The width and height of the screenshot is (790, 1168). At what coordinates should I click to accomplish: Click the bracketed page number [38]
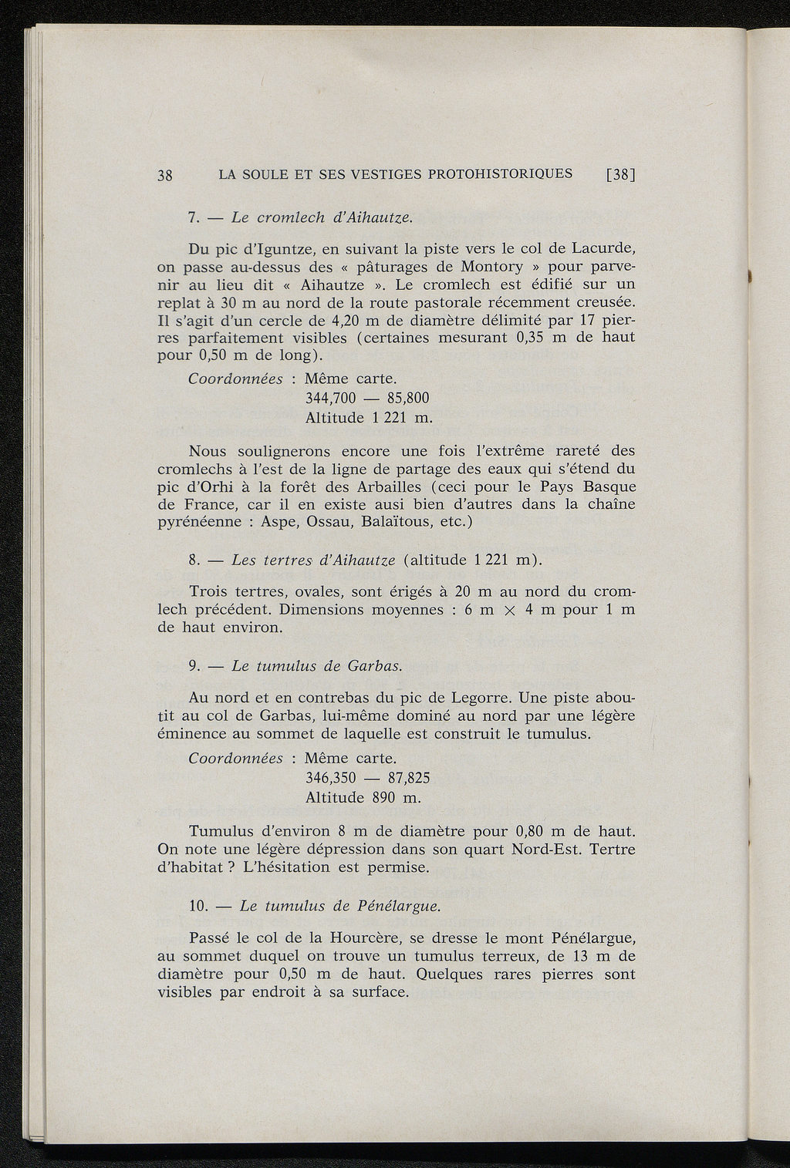620,175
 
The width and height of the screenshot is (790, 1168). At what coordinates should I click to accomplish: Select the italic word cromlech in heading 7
294,218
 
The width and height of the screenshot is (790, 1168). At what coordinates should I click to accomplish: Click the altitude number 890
383,797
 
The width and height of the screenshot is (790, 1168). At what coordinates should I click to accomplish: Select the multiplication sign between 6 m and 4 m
508,611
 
